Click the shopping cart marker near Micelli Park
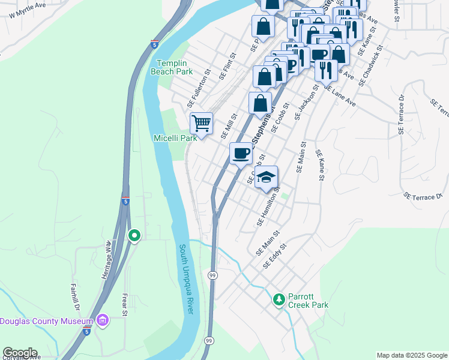202,124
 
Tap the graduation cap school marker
266,177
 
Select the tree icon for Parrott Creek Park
279,299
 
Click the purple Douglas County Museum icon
102,321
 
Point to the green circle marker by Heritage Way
134,236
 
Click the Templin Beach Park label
175,67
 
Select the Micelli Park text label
174,138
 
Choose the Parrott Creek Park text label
307,300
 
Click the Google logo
20,353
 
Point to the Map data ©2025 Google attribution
412,355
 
